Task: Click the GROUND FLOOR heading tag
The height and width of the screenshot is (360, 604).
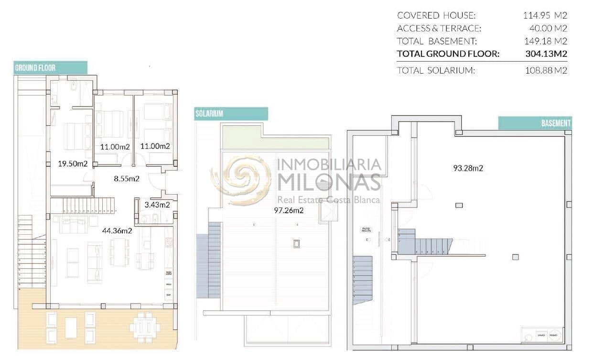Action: click(x=50, y=67)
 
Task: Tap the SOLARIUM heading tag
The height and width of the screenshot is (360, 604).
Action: click(x=231, y=114)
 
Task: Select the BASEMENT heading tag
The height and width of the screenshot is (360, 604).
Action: click(x=535, y=123)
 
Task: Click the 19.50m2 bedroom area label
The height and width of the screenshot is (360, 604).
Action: click(x=72, y=164)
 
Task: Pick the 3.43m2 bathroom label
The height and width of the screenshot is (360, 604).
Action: click(x=157, y=205)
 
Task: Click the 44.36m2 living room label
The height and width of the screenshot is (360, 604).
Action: click(x=117, y=231)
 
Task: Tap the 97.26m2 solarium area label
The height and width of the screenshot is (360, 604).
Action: click(x=289, y=210)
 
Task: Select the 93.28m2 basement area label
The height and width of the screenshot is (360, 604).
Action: click(x=468, y=168)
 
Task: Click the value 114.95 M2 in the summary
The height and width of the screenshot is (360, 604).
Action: click(x=545, y=15)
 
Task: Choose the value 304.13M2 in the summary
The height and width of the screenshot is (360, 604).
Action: click(x=546, y=54)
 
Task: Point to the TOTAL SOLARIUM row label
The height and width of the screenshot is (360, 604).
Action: click(x=436, y=71)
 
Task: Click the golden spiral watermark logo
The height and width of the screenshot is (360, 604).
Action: click(x=242, y=179)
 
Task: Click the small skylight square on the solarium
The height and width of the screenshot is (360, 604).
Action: click(x=297, y=243)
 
